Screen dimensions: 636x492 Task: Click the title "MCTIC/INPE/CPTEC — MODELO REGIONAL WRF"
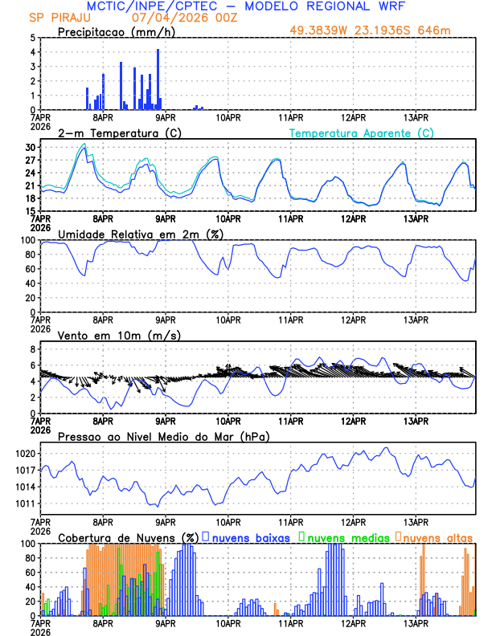245,6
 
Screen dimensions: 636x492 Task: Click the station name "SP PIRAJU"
58,18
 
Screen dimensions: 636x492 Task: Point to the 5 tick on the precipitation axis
32,38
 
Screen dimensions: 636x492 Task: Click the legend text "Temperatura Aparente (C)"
362,132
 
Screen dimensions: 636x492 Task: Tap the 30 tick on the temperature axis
31,148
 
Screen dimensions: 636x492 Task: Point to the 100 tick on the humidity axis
28,240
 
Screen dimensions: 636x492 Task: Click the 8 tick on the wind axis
32,349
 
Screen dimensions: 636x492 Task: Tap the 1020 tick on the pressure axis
25,453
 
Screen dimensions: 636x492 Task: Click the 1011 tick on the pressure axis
25,503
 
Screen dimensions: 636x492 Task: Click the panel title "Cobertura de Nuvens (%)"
128,537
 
